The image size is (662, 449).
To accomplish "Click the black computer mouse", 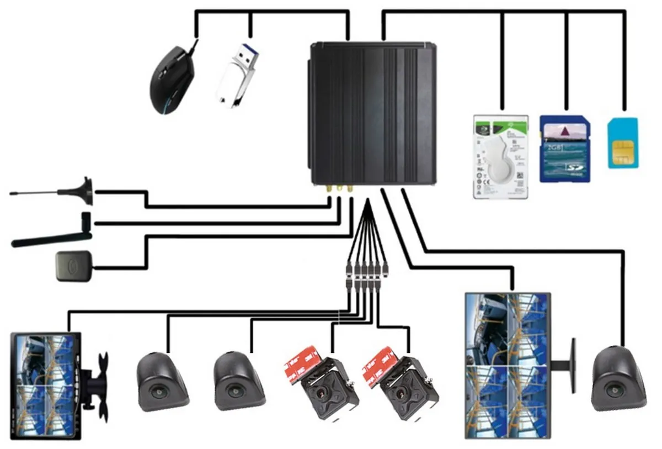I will click(172, 81).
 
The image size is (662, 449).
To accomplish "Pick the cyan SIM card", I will click(622, 142).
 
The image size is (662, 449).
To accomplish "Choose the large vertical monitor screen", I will click(508, 365).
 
